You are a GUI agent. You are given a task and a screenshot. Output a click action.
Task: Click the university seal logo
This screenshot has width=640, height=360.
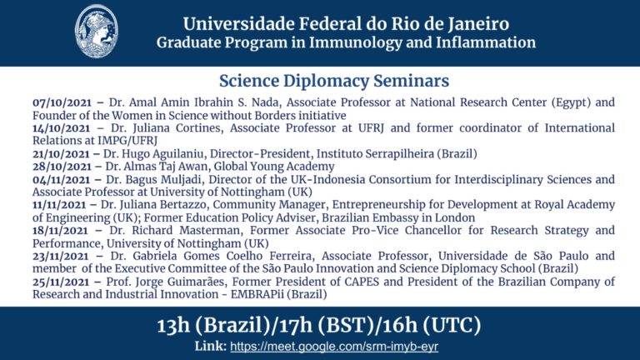tap(97, 32)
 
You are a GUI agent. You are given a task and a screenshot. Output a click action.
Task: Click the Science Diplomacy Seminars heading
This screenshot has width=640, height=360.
tap(334, 81)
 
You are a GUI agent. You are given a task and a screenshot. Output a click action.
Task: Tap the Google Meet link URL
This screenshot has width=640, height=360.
tap(334, 347)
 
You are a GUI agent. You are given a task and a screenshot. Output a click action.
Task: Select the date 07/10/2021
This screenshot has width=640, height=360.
tap(62, 102)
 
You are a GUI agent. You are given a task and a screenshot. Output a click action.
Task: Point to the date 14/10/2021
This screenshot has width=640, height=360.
tap(61, 128)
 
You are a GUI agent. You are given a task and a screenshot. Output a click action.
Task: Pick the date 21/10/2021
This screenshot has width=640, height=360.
tap(61, 154)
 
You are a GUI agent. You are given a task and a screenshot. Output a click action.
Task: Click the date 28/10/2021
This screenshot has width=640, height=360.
tap(62, 167)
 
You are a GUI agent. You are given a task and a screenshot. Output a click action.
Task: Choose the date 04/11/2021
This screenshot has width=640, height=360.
tap(61, 180)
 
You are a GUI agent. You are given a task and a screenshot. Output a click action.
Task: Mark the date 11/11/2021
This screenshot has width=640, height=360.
tap(60, 205)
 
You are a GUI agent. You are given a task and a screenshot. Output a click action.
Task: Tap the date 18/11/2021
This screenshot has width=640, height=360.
tap(60, 231)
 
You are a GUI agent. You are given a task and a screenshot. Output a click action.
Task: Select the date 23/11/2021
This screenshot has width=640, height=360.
tap(60, 257)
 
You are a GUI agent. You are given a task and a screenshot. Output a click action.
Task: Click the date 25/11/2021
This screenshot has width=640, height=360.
tap(61, 282)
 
